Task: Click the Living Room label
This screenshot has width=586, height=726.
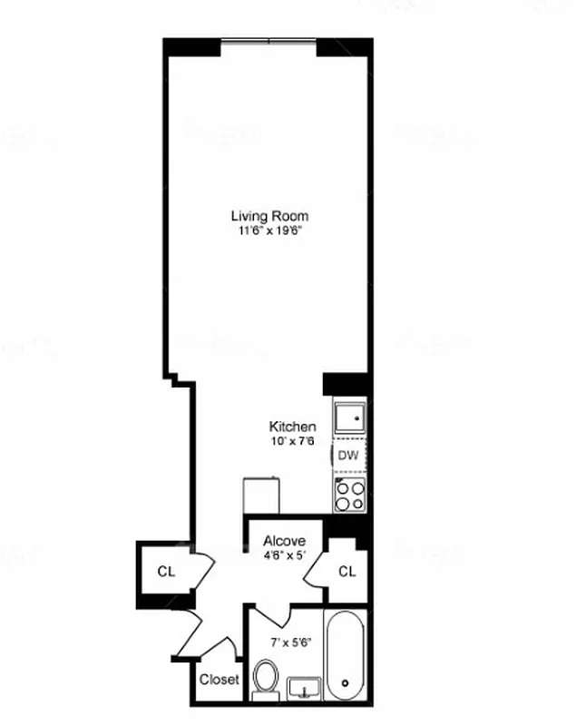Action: [x=269, y=216]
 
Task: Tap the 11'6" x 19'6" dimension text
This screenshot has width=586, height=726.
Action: [x=269, y=231]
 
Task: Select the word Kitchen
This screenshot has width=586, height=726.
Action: [x=292, y=427]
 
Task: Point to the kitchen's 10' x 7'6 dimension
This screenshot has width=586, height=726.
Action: [x=292, y=441]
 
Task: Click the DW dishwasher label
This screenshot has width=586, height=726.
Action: [x=348, y=456]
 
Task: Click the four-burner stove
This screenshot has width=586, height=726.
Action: [x=350, y=494]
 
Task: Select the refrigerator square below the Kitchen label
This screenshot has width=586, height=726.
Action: [x=263, y=496]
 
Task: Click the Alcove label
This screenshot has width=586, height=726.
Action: [x=284, y=541]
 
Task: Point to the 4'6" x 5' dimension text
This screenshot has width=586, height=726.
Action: [x=284, y=555]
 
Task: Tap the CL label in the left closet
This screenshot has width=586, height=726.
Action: [x=165, y=572]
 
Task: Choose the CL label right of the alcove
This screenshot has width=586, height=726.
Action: [x=347, y=572]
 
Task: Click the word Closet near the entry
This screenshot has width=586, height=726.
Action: [x=219, y=679]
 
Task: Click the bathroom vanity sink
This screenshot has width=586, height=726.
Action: [x=305, y=690]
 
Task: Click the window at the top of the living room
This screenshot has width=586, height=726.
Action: [x=269, y=41]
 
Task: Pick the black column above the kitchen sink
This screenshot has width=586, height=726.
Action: [x=346, y=383]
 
